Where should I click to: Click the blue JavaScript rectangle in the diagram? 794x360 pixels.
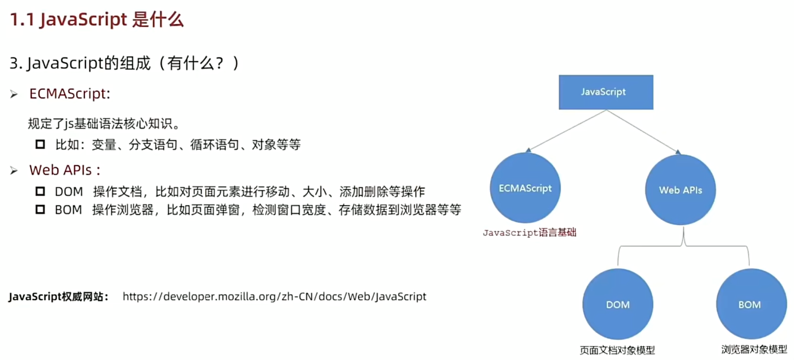point(606,92)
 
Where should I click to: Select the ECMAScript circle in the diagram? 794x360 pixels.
point(525,188)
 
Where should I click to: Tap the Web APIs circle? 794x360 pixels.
point(680,190)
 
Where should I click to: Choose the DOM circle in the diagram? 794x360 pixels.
point(618,304)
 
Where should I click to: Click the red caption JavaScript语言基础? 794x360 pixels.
point(529,233)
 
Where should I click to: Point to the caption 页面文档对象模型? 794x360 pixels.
point(617,350)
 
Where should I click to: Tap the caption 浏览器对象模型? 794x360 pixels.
point(754,350)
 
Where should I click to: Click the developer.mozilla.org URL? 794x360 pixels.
point(274,296)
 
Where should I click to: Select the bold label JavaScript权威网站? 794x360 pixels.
point(58,297)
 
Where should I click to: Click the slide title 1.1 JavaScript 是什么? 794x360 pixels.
point(96,20)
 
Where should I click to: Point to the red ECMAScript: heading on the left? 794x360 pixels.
point(70,94)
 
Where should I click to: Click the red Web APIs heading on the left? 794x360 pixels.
point(65,170)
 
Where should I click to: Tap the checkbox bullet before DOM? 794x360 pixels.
point(40,191)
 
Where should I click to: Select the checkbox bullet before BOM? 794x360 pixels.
point(40,210)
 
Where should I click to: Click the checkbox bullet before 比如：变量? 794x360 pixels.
point(40,144)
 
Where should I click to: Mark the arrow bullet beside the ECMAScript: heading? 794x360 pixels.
point(14,94)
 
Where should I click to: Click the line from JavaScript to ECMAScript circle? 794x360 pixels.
point(567,130)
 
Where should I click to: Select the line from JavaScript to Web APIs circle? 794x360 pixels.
point(642,131)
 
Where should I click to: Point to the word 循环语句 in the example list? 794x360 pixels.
point(215,144)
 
